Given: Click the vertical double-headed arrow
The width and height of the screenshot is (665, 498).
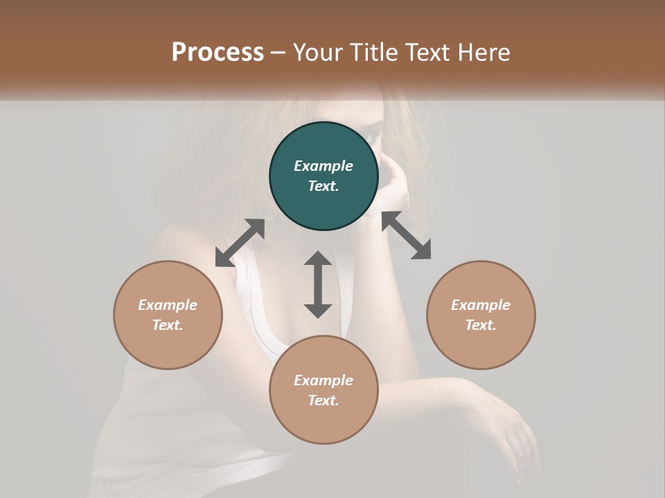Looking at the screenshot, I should (x=318, y=284).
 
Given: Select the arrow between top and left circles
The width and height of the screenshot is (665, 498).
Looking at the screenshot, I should (x=240, y=243).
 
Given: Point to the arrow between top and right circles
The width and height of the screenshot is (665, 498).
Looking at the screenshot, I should (x=407, y=235).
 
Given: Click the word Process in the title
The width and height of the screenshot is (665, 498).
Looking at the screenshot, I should (x=218, y=52).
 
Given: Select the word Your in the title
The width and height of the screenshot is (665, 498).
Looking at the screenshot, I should (x=317, y=52).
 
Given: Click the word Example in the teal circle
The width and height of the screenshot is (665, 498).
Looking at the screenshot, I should (x=323, y=166).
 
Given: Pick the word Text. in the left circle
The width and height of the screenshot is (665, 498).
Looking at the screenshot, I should (x=168, y=325).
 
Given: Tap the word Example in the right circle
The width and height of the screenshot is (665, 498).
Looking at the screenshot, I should (x=481, y=305).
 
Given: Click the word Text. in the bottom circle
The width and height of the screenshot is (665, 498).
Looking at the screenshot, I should (x=323, y=400).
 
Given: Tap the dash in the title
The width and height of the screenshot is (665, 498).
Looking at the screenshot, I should (x=278, y=53).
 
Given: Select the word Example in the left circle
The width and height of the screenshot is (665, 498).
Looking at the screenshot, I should (x=168, y=305).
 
